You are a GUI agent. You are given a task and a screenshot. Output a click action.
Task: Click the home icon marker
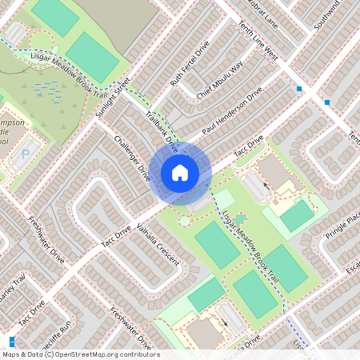tap(180, 172)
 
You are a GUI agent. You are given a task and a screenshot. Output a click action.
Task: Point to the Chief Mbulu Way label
tap(220, 80)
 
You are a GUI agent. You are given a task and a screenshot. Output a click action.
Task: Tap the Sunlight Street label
tap(112, 98)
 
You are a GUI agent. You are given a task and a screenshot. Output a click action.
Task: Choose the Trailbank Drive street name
tap(162, 130)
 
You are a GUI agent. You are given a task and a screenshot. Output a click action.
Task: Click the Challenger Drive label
tap(132, 157)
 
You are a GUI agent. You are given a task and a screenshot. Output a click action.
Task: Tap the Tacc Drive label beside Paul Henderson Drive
tap(248, 145)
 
